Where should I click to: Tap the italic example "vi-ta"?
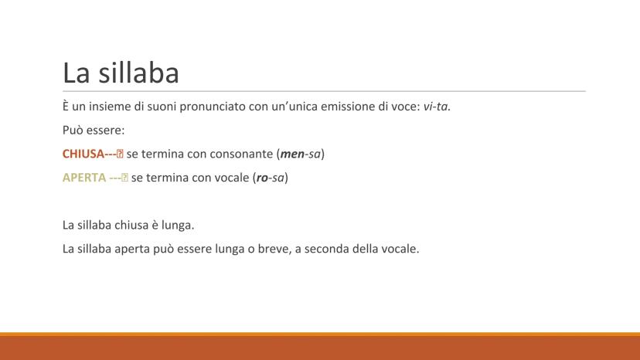(x=437, y=107)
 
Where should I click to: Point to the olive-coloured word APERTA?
(x=84, y=178)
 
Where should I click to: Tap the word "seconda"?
(x=325, y=249)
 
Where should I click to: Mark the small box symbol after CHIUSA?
(x=120, y=155)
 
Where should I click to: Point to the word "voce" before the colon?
(x=403, y=107)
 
